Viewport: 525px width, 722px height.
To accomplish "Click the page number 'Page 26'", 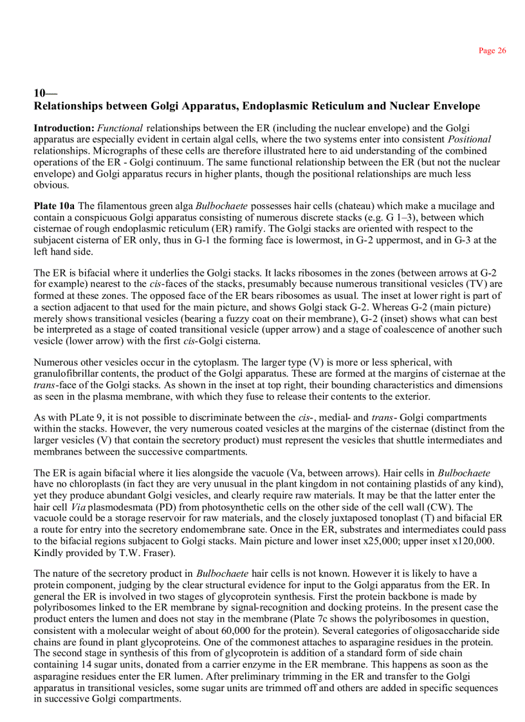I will pyautogui.click(x=492, y=51).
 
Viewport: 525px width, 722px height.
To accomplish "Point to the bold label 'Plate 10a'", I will pyautogui.click(x=54, y=206).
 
